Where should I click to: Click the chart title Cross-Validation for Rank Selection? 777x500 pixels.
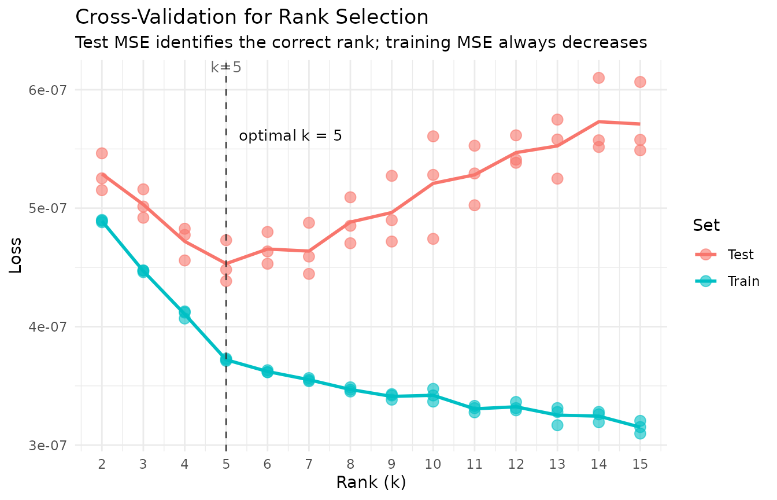(x=252, y=17)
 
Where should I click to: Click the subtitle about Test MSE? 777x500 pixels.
(x=361, y=43)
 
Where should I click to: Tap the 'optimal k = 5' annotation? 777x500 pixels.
(x=290, y=137)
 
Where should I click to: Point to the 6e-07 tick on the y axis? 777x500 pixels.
(x=49, y=90)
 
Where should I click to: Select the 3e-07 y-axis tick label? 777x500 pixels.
(x=49, y=445)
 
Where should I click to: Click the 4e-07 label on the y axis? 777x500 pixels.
(x=49, y=326)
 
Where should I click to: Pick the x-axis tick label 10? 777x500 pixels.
(x=432, y=464)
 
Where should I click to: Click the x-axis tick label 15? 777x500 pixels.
(x=639, y=464)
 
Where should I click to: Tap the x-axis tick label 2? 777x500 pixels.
(x=102, y=464)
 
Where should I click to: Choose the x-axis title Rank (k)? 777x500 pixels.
(x=371, y=482)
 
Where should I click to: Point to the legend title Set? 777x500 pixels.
(x=706, y=226)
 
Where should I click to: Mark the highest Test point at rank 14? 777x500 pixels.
(x=598, y=78)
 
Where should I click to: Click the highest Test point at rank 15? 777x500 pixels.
(x=640, y=82)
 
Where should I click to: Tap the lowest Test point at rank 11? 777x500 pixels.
(x=474, y=205)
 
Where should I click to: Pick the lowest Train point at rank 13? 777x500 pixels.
(x=557, y=425)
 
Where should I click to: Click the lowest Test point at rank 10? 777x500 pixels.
(x=432, y=238)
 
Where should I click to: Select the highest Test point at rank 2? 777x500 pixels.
(x=102, y=153)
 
